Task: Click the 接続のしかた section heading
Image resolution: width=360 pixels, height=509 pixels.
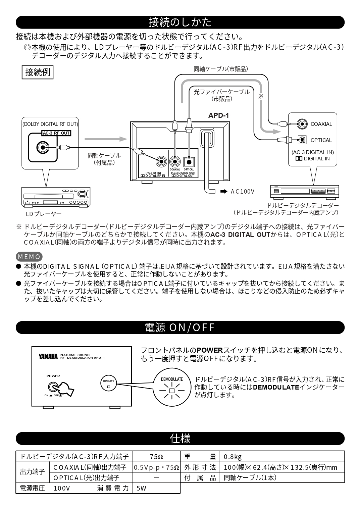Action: [180, 22]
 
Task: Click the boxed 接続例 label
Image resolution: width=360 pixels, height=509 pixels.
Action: [38, 72]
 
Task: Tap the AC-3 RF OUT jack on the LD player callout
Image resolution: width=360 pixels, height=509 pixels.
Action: [42, 147]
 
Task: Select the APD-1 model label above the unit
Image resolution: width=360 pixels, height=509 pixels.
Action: [218, 115]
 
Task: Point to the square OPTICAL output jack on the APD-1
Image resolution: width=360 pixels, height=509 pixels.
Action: [189, 162]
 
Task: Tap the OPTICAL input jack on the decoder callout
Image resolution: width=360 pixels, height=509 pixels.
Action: [302, 140]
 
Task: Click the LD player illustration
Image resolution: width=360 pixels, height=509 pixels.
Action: [56, 196]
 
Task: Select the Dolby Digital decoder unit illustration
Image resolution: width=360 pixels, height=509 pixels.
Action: [304, 191]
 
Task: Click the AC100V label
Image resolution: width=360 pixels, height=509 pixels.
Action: [242, 192]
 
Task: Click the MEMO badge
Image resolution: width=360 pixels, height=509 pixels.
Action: [29, 257]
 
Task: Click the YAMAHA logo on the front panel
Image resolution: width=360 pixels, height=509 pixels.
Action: [48, 356]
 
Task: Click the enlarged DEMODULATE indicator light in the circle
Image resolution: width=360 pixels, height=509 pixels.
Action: [172, 391]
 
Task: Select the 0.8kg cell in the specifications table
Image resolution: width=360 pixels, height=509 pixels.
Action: [233, 457]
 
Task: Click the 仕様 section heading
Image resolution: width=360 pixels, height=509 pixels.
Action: [180, 438]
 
